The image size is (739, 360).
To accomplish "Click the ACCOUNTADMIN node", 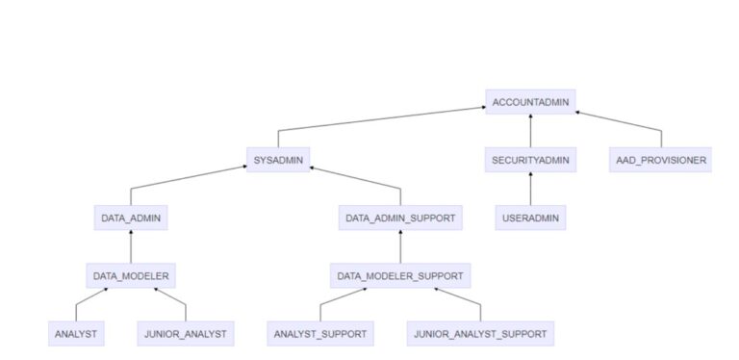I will pos(531,102).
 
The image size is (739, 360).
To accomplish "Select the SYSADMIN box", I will pos(278,160).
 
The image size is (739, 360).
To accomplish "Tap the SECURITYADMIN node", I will pos(530,160).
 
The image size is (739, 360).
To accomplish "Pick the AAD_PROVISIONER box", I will pos(660,160).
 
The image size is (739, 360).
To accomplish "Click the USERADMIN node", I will pos(530,218).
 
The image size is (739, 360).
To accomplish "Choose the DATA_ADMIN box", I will pos(131,218).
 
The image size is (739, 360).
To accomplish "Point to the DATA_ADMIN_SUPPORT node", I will pos(400,218).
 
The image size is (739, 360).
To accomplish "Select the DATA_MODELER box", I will pos(131,276).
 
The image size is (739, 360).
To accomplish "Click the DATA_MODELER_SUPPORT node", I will pos(400,276).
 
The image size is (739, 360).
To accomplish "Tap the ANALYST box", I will pos(76,334).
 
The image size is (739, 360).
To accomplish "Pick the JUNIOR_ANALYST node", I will pos(185,334).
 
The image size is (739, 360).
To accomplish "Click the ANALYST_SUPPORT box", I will pos(320,334).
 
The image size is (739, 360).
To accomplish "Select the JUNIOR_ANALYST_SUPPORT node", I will pos(480,334).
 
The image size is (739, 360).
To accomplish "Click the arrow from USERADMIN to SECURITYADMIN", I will pos(530,190).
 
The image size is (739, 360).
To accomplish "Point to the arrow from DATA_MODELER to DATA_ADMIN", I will pos(131,247).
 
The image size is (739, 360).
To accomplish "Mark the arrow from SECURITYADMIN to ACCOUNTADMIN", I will pos(530,131).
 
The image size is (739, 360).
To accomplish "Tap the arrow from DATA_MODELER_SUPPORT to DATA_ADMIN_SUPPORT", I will pos(400,247).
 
